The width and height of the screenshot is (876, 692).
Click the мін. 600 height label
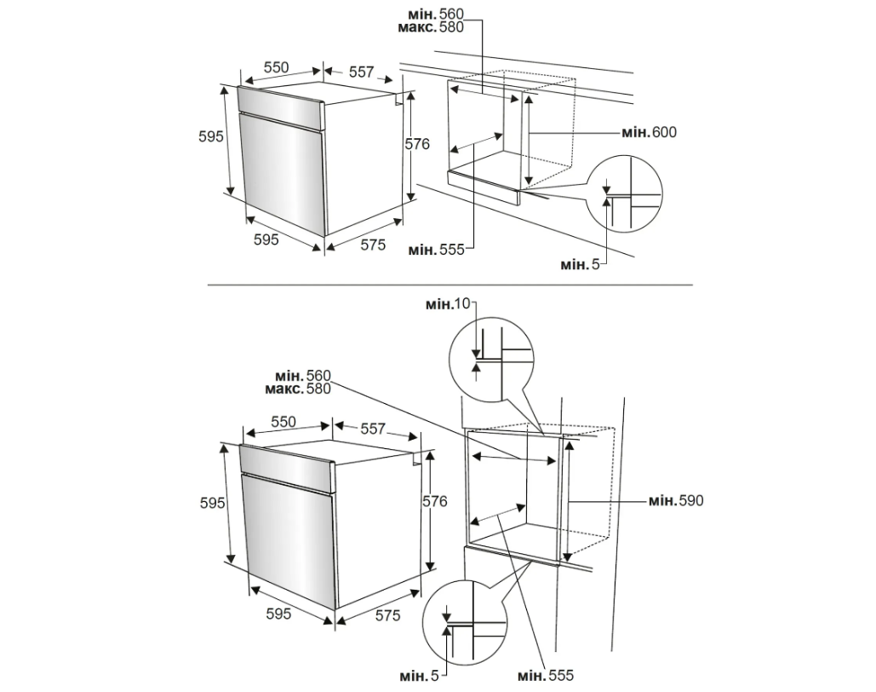(650, 133)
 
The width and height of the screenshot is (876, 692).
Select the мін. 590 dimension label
(676, 501)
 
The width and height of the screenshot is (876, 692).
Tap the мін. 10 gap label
(448, 303)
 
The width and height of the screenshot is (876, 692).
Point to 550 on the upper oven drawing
(277, 67)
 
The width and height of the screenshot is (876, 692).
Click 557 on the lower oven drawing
(373, 429)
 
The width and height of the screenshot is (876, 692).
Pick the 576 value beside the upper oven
(417, 144)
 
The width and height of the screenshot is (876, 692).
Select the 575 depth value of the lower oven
(387, 615)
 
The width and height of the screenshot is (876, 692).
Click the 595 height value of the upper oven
(211, 136)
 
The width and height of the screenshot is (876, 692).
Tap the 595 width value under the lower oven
(278, 614)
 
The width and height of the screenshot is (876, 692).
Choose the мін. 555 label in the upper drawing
(437, 250)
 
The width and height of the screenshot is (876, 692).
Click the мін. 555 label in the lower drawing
(546, 676)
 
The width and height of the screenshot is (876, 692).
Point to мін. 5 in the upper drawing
(580, 264)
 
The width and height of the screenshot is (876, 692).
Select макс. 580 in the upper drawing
(431, 27)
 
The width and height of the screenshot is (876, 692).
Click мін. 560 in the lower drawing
(303, 375)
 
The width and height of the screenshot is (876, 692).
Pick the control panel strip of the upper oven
(281, 107)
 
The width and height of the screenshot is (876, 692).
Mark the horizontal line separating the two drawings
(449, 285)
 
